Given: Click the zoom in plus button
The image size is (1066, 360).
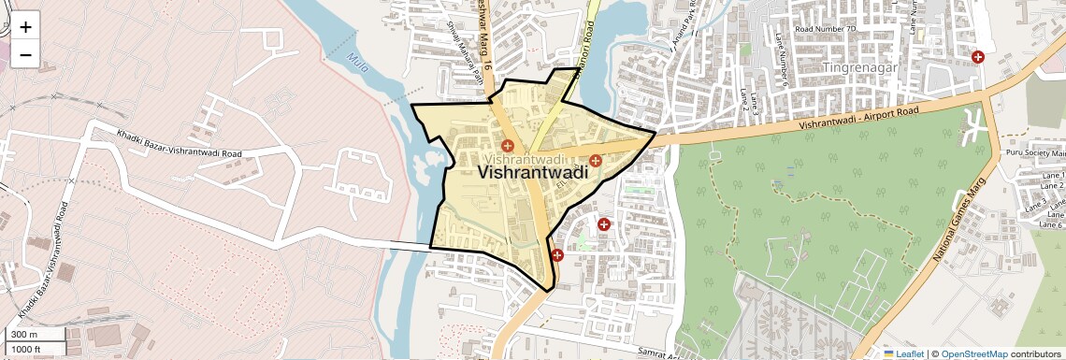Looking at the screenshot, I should coord(25,27).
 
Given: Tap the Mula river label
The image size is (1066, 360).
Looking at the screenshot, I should coord(356,64).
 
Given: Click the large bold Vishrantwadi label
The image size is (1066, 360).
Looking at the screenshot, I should coord(532,173).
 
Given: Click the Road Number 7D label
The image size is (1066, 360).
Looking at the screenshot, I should coord(825,29).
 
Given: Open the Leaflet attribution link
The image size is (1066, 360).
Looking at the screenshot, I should coord(910,353).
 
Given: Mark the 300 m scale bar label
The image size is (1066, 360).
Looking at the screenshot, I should coord(24,335).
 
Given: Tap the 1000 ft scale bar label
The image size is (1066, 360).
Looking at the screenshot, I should coord(26,349).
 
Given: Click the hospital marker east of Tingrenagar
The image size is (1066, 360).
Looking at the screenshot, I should coord(978,57).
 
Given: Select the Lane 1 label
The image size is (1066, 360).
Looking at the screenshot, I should coord(1052,176).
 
